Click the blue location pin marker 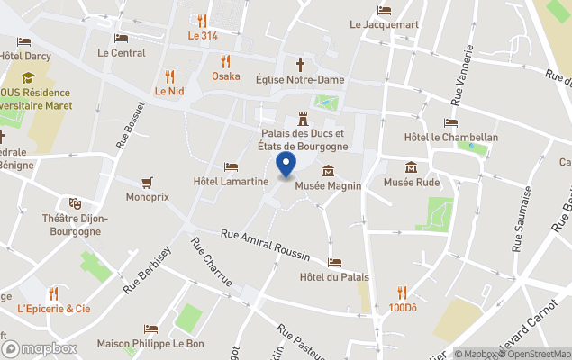point(286,166)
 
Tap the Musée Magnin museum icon point(327,171)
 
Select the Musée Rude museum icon point(412,167)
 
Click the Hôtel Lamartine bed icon point(232,167)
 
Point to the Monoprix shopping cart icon point(147,182)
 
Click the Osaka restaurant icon point(225,61)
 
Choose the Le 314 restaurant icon point(202,21)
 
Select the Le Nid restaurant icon point(168,76)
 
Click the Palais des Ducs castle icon point(302,118)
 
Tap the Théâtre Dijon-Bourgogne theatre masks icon point(75,204)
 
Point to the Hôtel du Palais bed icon point(335,262)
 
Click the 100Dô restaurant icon point(403,292)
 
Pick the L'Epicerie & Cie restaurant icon point(54,293)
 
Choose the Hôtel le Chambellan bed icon point(450,122)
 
